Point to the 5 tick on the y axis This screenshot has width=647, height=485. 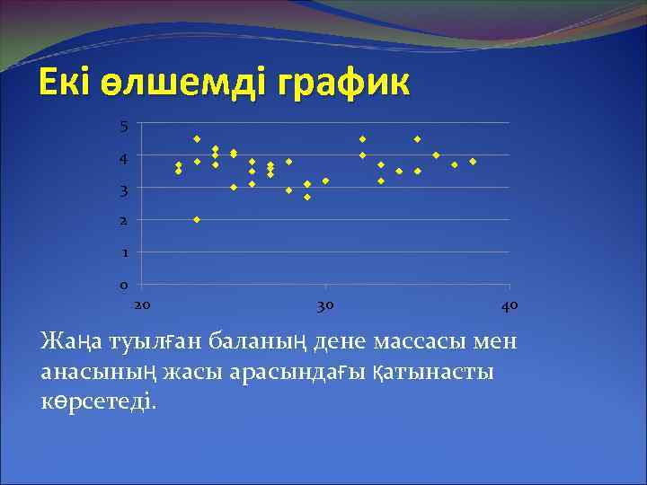click(124, 126)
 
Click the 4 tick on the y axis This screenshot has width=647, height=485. click(124, 158)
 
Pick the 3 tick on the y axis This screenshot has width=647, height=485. click(124, 190)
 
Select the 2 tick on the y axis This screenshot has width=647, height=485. click(124, 221)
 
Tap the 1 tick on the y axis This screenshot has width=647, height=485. click(124, 253)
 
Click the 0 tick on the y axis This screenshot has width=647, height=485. click(124, 286)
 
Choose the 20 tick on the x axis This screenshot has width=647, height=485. click(142, 305)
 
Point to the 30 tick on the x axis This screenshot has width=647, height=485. click(325, 305)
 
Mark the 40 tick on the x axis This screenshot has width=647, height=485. click(509, 305)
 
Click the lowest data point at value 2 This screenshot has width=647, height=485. click(197, 219)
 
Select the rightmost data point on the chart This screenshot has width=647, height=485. click(473, 162)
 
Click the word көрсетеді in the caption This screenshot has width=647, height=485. click(97, 401)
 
